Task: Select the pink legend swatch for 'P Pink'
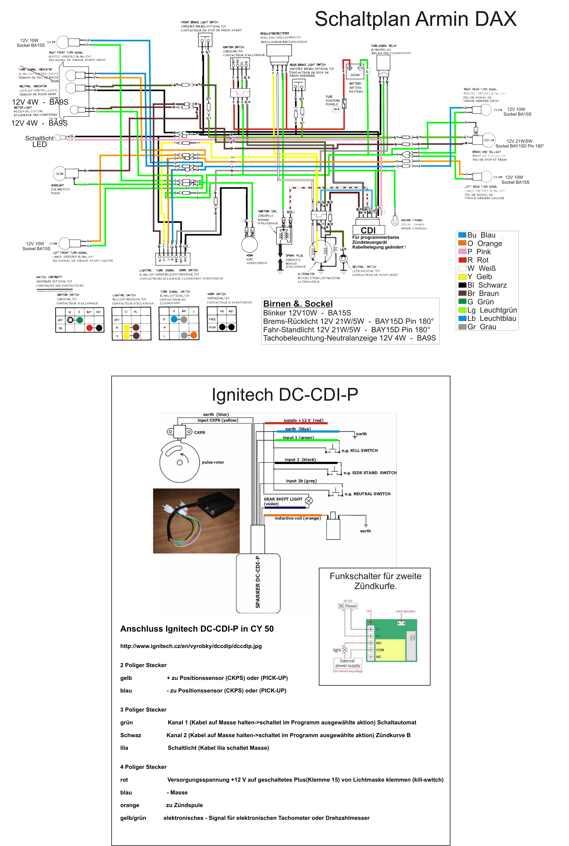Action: click(x=462, y=252)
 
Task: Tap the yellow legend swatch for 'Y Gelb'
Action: click(x=462, y=276)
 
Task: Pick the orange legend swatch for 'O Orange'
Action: click(x=462, y=243)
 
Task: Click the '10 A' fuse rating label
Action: click(x=336, y=109)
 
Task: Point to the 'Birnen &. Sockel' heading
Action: click(x=298, y=304)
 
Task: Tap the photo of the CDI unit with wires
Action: click(x=196, y=521)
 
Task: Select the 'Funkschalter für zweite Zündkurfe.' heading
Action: click(x=375, y=581)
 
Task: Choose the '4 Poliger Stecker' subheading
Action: click(x=143, y=767)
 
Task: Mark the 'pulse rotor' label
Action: click(x=213, y=462)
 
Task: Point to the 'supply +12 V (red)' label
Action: click(x=303, y=420)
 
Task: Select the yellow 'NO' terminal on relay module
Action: click(x=379, y=643)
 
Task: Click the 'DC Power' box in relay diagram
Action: click(x=348, y=606)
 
